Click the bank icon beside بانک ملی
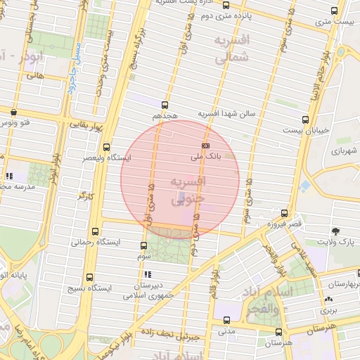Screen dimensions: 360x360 [x=205, y=145]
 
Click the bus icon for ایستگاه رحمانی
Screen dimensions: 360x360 [x=96, y=230]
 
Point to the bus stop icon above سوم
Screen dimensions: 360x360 [x=144, y=245]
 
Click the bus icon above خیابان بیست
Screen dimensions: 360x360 [x=304, y=120]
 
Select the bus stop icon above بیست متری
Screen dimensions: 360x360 [x=334, y=11]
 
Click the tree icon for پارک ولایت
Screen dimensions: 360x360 [x=335, y=231]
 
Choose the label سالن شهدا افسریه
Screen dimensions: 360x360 [x=230, y=112]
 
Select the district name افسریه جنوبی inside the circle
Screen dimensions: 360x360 [x=188, y=191]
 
